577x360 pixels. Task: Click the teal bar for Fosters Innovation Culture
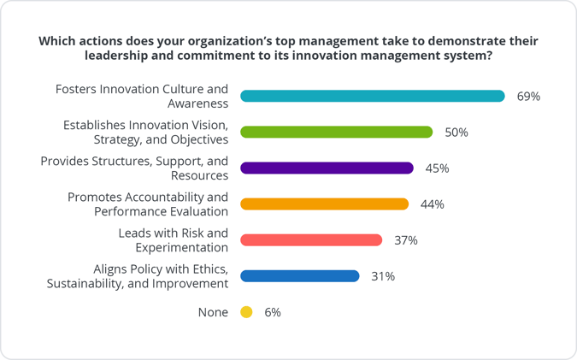[373, 96]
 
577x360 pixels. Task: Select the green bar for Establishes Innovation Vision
[337, 132]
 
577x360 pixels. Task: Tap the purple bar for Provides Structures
[327, 168]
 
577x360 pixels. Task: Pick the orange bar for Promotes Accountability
[325, 204]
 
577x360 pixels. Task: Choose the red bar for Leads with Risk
[311, 239]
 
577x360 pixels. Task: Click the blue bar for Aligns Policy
[300, 275]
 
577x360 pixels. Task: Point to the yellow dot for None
[246, 312]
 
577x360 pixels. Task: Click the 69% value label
[528, 97]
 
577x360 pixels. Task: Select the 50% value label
[456, 133]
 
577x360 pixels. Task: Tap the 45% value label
[437, 168]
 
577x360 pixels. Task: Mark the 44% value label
[433, 204]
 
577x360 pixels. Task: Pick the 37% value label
[405, 240]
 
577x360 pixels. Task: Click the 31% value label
[382, 276]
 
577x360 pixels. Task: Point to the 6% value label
[272, 312]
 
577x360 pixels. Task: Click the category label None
[213, 312]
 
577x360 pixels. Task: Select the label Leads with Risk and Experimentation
[174, 240]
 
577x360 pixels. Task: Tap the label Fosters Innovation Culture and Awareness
[141, 96]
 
